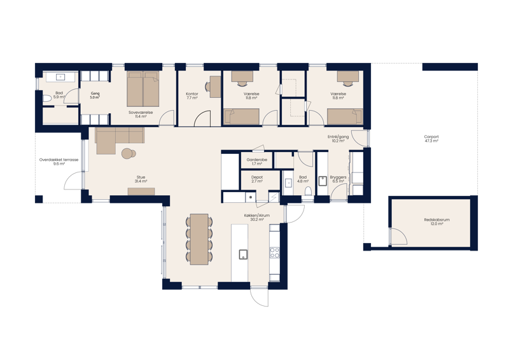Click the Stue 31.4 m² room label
(x=141, y=179)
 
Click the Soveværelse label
(x=141, y=113)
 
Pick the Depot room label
(x=257, y=179)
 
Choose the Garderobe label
(x=257, y=160)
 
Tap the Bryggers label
(x=337, y=179)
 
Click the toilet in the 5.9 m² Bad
(x=46, y=100)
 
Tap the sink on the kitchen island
(x=243, y=254)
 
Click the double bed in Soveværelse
(x=142, y=90)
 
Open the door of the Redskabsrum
(x=399, y=236)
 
